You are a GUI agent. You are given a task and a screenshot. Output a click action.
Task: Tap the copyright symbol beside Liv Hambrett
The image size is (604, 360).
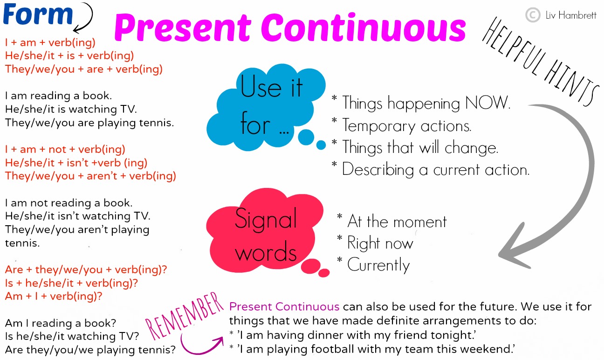coord(532,15)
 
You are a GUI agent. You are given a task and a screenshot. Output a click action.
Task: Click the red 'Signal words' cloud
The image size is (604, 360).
coord(266,235)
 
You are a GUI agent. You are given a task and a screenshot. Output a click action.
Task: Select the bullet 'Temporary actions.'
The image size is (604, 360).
coord(407,125)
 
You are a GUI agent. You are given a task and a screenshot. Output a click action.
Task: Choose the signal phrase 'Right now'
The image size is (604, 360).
coord(380,243)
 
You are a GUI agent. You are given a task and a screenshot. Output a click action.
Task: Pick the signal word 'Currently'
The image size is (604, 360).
coord(378,265)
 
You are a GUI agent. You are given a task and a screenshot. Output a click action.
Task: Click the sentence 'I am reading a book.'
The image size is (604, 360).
coord(58,96)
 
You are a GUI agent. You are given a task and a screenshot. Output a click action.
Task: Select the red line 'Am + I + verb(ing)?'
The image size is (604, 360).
coord(54,296)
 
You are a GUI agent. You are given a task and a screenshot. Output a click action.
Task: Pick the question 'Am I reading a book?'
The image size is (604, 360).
coord(61,323)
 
